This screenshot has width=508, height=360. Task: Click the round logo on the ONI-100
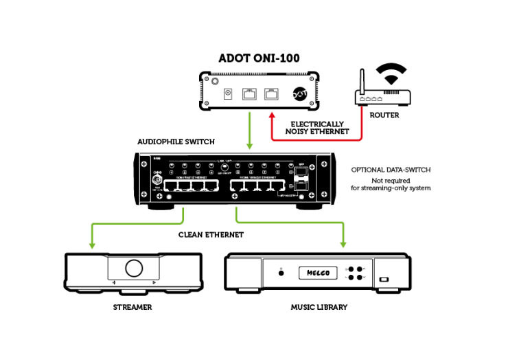299,93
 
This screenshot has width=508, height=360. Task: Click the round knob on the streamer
133,268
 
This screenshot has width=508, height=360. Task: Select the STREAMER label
133,307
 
